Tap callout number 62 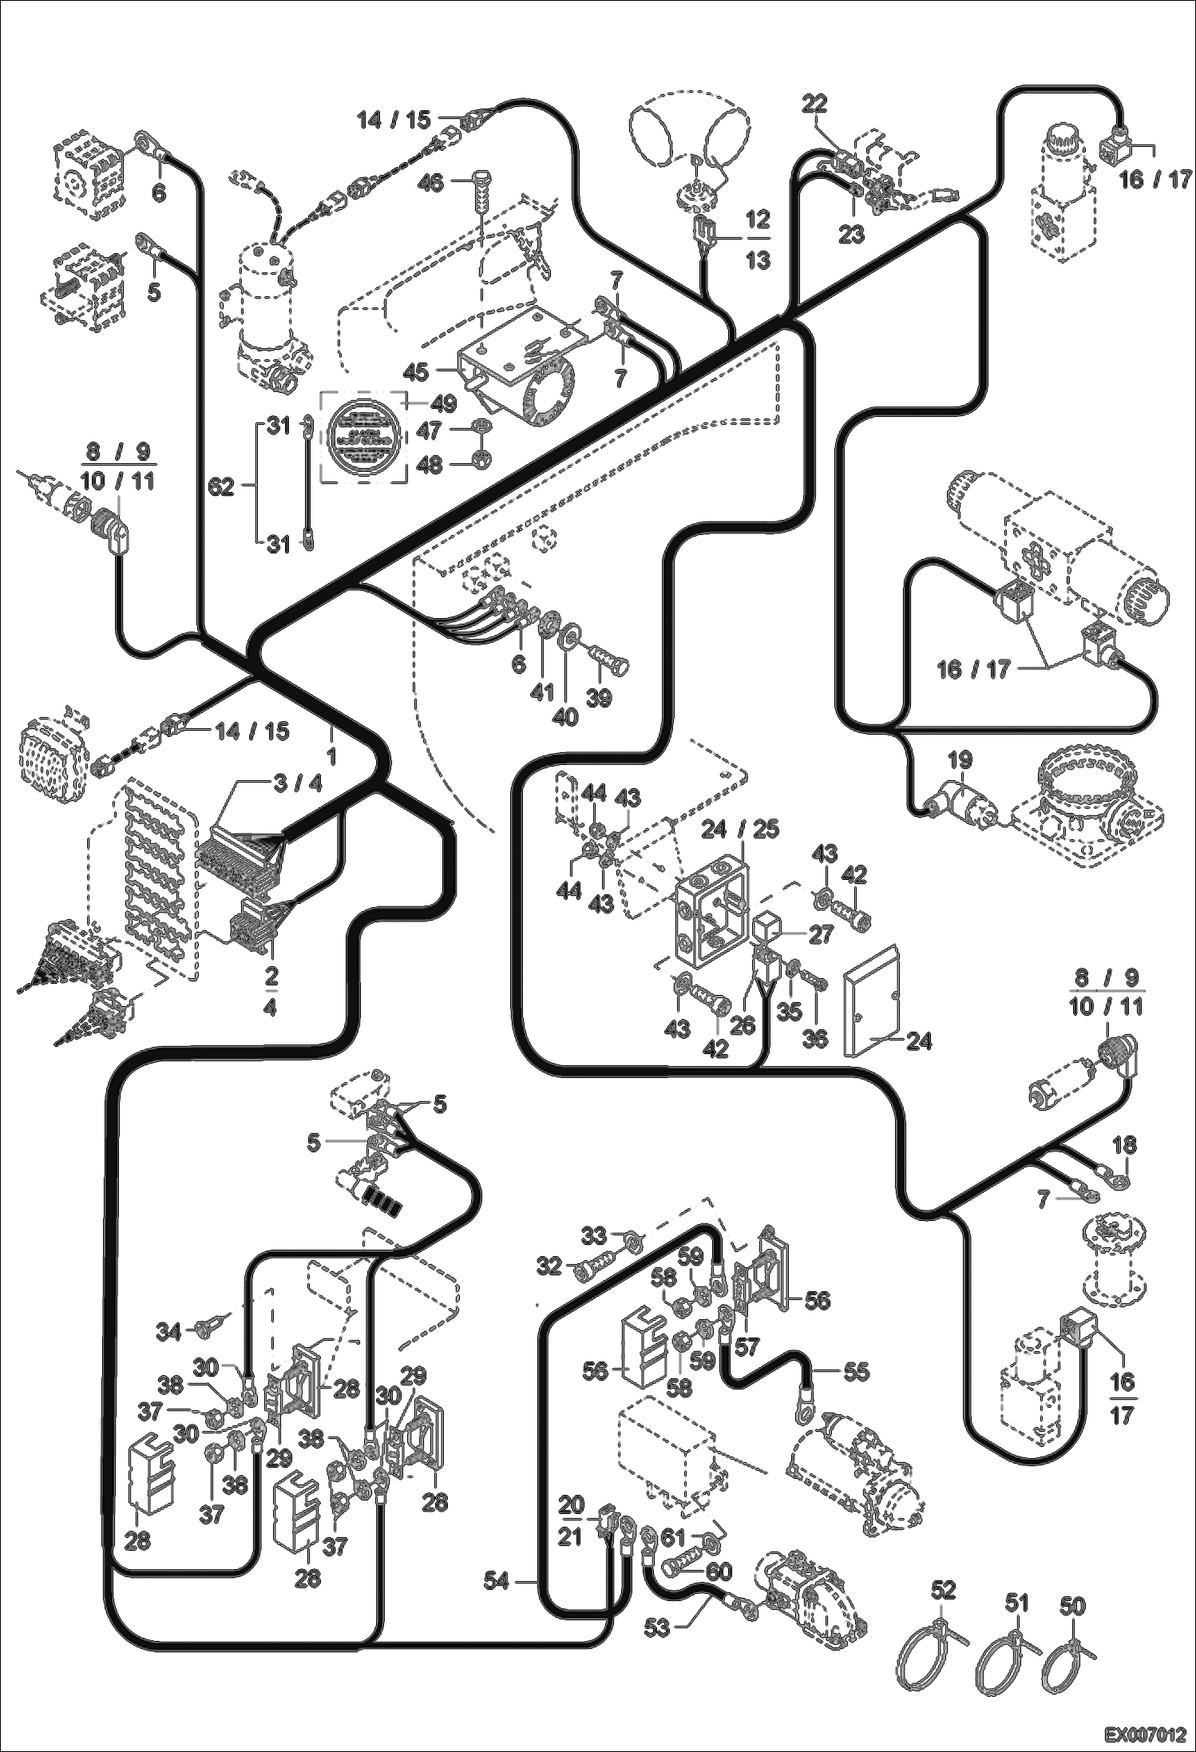click(221, 486)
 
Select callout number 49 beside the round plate click(443, 403)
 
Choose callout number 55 click(857, 1371)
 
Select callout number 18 click(1123, 1145)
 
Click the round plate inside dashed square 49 click(363, 436)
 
